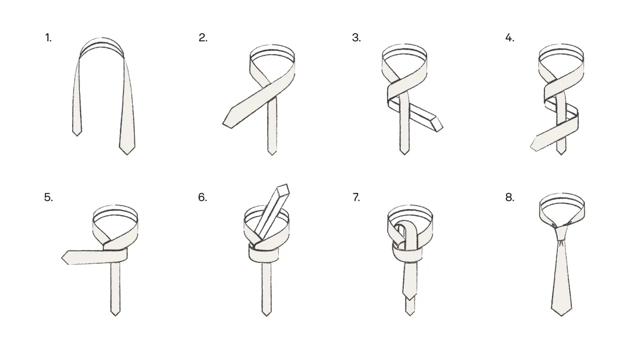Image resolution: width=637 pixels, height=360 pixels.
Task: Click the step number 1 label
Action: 48,38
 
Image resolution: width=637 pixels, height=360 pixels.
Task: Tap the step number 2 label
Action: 203,38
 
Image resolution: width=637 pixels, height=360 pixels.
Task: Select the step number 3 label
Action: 356,38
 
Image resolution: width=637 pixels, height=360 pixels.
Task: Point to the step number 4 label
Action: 510,38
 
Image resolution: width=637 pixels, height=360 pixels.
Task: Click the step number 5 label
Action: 49,197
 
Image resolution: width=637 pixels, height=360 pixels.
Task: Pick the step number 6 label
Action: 203,197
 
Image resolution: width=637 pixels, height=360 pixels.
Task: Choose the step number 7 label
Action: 356,197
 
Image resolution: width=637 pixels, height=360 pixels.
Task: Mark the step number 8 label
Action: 510,197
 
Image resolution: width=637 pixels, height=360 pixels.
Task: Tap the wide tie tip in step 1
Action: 127,154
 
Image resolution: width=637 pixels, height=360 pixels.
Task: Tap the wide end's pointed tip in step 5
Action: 62,258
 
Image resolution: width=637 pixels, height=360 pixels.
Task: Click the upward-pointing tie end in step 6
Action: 283,189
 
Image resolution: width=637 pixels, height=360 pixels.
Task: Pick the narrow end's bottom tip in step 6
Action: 266,316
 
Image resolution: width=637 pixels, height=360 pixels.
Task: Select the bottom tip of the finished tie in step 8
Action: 561,316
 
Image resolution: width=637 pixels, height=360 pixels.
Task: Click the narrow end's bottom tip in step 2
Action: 272,155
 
